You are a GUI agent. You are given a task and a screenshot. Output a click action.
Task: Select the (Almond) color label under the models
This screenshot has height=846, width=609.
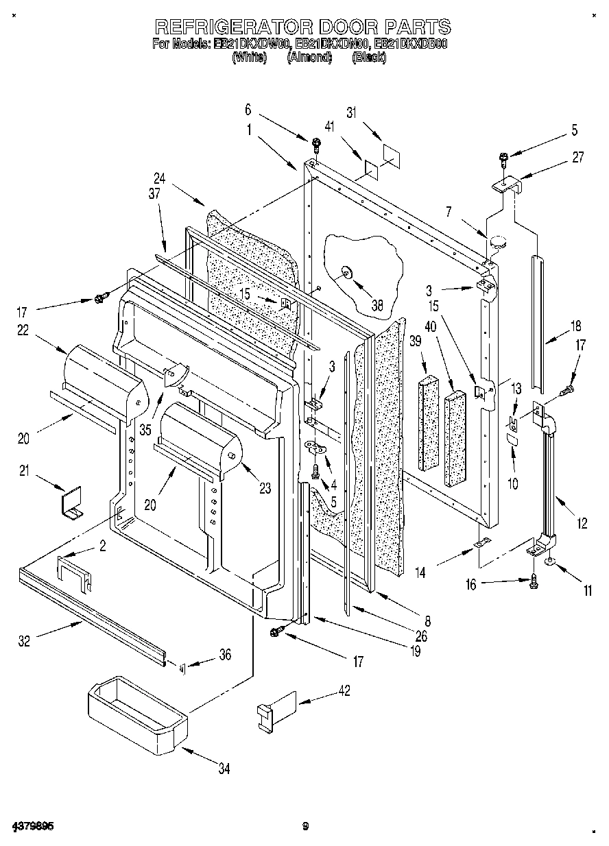coord(309,58)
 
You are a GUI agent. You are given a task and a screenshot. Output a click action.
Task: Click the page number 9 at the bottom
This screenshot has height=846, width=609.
coord(305,825)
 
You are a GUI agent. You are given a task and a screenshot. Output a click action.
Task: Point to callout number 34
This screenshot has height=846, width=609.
coord(224,769)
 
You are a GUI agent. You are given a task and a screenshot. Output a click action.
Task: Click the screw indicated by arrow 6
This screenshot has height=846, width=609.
coord(316,143)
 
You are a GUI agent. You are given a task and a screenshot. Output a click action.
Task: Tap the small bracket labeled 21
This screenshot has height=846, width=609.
coord(71,502)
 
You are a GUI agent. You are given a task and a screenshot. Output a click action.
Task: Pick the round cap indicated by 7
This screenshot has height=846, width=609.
coord(497,241)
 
